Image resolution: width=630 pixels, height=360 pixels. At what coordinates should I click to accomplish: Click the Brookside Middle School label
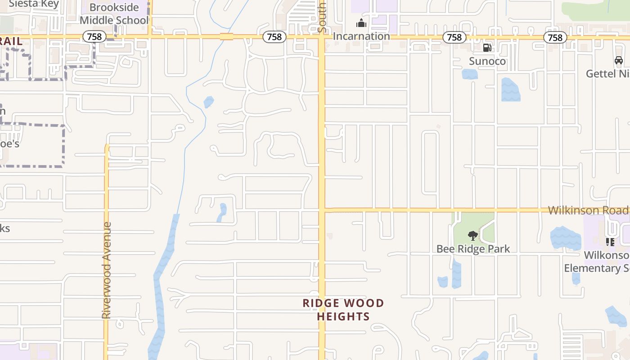click(x=114, y=14)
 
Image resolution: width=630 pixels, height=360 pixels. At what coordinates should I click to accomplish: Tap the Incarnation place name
click(x=361, y=36)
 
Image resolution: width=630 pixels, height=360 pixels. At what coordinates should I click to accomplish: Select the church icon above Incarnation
click(x=361, y=23)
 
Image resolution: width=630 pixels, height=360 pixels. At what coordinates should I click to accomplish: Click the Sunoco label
click(x=487, y=61)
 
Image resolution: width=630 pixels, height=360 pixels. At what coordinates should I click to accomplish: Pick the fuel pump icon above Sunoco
click(x=487, y=48)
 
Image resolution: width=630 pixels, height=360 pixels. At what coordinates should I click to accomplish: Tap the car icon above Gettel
click(x=619, y=60)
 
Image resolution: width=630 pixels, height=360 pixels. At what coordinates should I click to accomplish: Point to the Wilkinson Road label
click(x=588, y=210)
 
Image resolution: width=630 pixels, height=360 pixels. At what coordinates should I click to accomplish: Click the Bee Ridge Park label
click(x=473, y=249)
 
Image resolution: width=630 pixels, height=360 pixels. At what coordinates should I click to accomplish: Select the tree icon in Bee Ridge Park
click(x=472, y=235)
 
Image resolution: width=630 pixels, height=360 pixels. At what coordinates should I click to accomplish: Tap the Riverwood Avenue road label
click(x=106, y=270)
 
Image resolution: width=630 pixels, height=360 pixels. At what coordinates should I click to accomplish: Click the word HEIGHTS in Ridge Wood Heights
click(x=343, y=316)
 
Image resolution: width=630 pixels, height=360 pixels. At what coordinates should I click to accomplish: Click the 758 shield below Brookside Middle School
click(x=94, y=36)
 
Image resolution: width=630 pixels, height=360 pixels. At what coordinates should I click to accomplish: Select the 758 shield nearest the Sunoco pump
click(x=454, y=37)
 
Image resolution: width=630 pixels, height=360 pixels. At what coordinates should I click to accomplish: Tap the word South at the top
click(x=322, y=18)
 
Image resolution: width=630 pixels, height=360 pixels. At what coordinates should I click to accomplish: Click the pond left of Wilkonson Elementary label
click(x=565, y=238)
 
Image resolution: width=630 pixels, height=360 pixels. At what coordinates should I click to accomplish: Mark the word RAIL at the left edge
click(x=11, y=41)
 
